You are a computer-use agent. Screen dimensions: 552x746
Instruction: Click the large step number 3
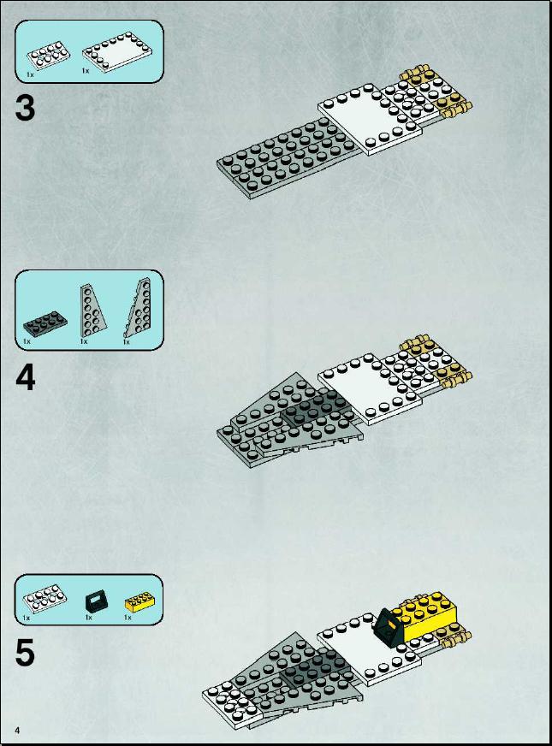click(x=25, y=108)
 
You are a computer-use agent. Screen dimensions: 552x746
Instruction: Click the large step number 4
click(x=25, y=378)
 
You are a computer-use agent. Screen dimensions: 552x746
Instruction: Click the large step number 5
click(x=25, y=653)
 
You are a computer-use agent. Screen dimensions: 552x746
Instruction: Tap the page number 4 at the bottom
click(x=18, y=731)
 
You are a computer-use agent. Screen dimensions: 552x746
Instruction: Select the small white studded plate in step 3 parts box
click(x=48, y=56)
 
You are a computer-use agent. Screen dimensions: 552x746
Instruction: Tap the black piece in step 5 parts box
click(x=97, y=601)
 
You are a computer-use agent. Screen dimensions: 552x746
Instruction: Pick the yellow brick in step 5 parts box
click(x=135, y=603)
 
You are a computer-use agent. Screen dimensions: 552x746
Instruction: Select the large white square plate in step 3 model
click(x=370, y=120)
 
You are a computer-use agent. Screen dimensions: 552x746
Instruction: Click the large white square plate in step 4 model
click(x=370, y=390)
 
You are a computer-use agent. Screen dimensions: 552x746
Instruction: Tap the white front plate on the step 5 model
click(x=232, y=702)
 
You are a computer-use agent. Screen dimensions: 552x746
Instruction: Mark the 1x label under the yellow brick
click(x=128, y=617)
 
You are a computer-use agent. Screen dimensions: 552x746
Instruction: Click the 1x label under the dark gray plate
click(x=27, y=341)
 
